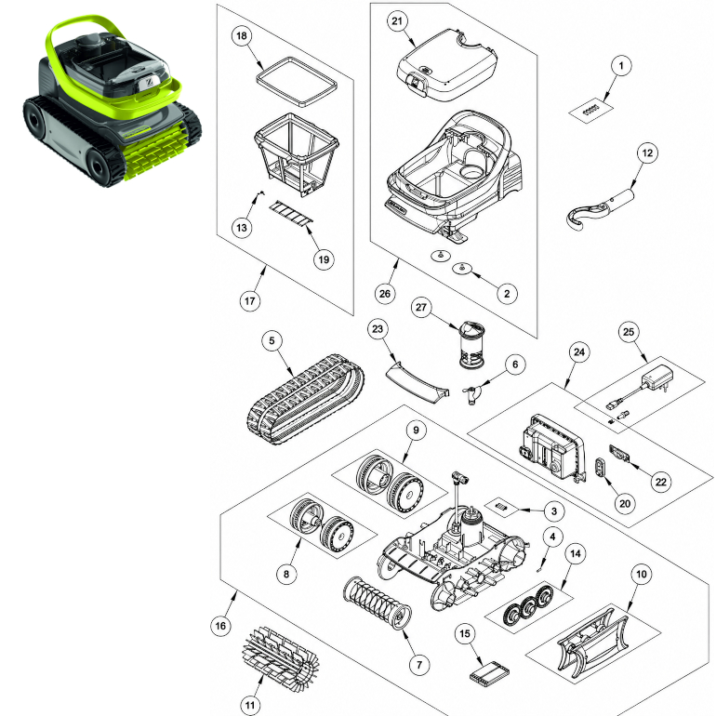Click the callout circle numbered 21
tap(397, 21)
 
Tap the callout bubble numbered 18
tap(242, 35)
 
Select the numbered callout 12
tap(647, 152)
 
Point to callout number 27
tap(421, 307)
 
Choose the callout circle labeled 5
tap(272, 340)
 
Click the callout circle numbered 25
tap(629, 332)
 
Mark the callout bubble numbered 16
tap(220, 626)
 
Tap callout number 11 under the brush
tap(250, 705)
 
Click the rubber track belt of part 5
tap(306, 399)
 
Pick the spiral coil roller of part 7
tap(377, 603)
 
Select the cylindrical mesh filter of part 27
tap(471, 345)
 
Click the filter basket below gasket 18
tap(297, 153)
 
